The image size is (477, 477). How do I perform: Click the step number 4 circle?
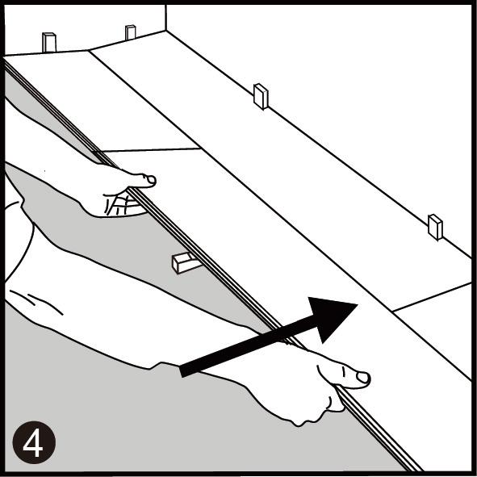pyautogui.click(x=34, y=442)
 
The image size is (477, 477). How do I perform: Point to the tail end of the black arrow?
pyautogui.click(x=182, y=372)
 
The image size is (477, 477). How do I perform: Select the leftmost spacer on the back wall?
pyautogui.click(x=49, y=42)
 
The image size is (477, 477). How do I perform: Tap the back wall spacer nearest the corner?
pyautogui.click(x=131, y=32)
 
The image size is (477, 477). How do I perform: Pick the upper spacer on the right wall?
pyautogui.click(x=261, y=96)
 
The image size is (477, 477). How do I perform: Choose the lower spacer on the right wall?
pyautogui.click(x=435, y=227)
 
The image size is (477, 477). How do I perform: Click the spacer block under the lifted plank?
pyautogui.click(x=183, y=263)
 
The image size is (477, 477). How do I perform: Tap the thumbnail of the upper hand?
pyautogui.click(x=151, y=181)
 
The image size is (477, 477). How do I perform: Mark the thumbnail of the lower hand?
pyautogui.click(x=362, y=378)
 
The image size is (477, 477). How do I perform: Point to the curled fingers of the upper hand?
pyautogui.click(x=120, y=204)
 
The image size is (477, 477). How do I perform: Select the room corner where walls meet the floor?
pyautogui.click(x=165, y=31)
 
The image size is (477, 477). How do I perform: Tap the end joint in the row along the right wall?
pyautogui.click(x=432, y=297)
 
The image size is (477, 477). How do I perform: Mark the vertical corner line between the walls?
pyautogui.click(x=165, y=18)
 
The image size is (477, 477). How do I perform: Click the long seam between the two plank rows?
pyautogui.click(x=280, y=216)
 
